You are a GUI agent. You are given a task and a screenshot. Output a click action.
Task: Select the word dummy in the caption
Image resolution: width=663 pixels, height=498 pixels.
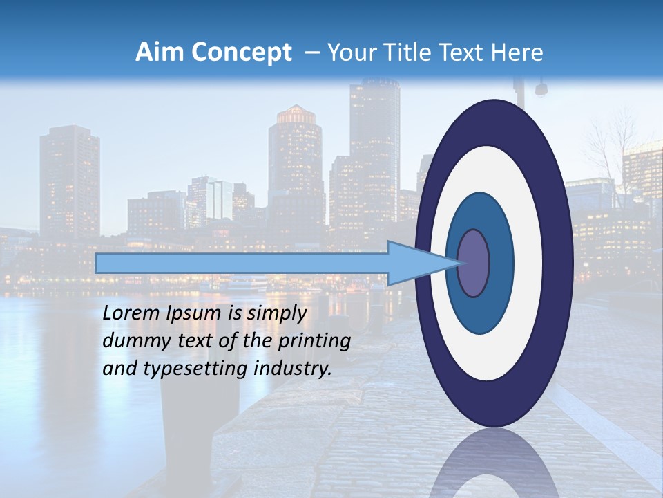pyautogui.click(x=130, y=341)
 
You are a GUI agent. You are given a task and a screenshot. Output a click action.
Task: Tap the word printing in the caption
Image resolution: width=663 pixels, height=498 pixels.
pyautogui.click(x=314, y=341)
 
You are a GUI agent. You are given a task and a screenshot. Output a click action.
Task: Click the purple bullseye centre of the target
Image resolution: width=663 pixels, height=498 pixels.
pyautogui.click(x=473, y=264)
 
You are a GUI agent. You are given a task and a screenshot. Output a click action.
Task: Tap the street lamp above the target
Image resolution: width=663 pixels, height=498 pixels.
pyautogui.click(x=540, y=89)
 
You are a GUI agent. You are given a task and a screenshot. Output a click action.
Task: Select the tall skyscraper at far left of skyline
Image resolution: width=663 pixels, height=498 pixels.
pyautogui.click(x=69, y=180)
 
